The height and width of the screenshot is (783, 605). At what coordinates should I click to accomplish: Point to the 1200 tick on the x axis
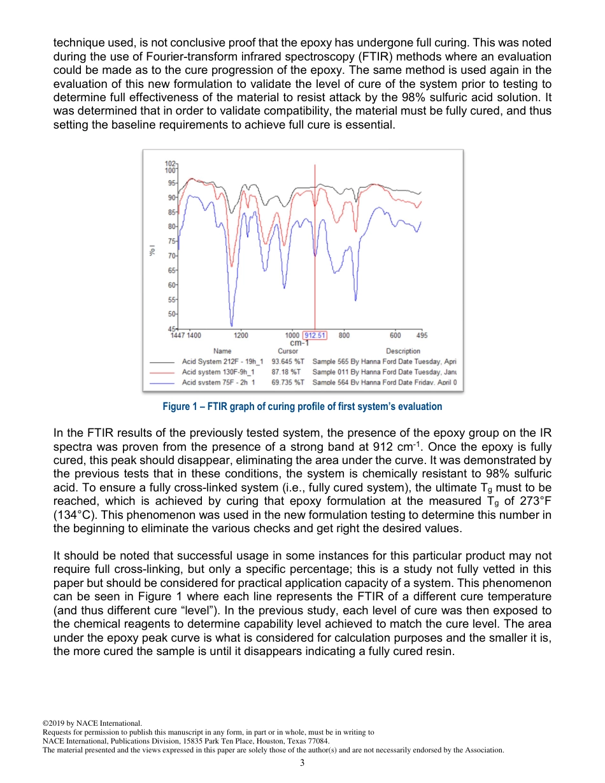[x=241, y=335]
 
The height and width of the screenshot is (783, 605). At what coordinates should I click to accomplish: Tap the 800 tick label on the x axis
[x=344, y=335]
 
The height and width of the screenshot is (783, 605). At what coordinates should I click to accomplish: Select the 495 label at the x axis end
[x=422, y=335]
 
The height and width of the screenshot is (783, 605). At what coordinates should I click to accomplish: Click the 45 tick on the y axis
[x=171, y=328]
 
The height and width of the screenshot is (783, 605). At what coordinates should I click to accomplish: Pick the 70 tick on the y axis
[x=171, y=256]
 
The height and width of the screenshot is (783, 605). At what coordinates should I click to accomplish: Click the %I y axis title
[x=152, y=251]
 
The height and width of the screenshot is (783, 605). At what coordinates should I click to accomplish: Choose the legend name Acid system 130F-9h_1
[x=218, y=372]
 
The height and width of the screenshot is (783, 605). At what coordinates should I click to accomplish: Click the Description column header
[x=403, y=351]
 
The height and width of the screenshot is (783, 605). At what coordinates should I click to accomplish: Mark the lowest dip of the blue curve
[x=231, y=325]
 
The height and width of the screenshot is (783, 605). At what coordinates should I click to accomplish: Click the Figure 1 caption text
[x=302, y=406]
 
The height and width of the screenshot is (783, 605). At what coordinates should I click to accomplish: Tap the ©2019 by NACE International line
[x=92, y=723]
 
